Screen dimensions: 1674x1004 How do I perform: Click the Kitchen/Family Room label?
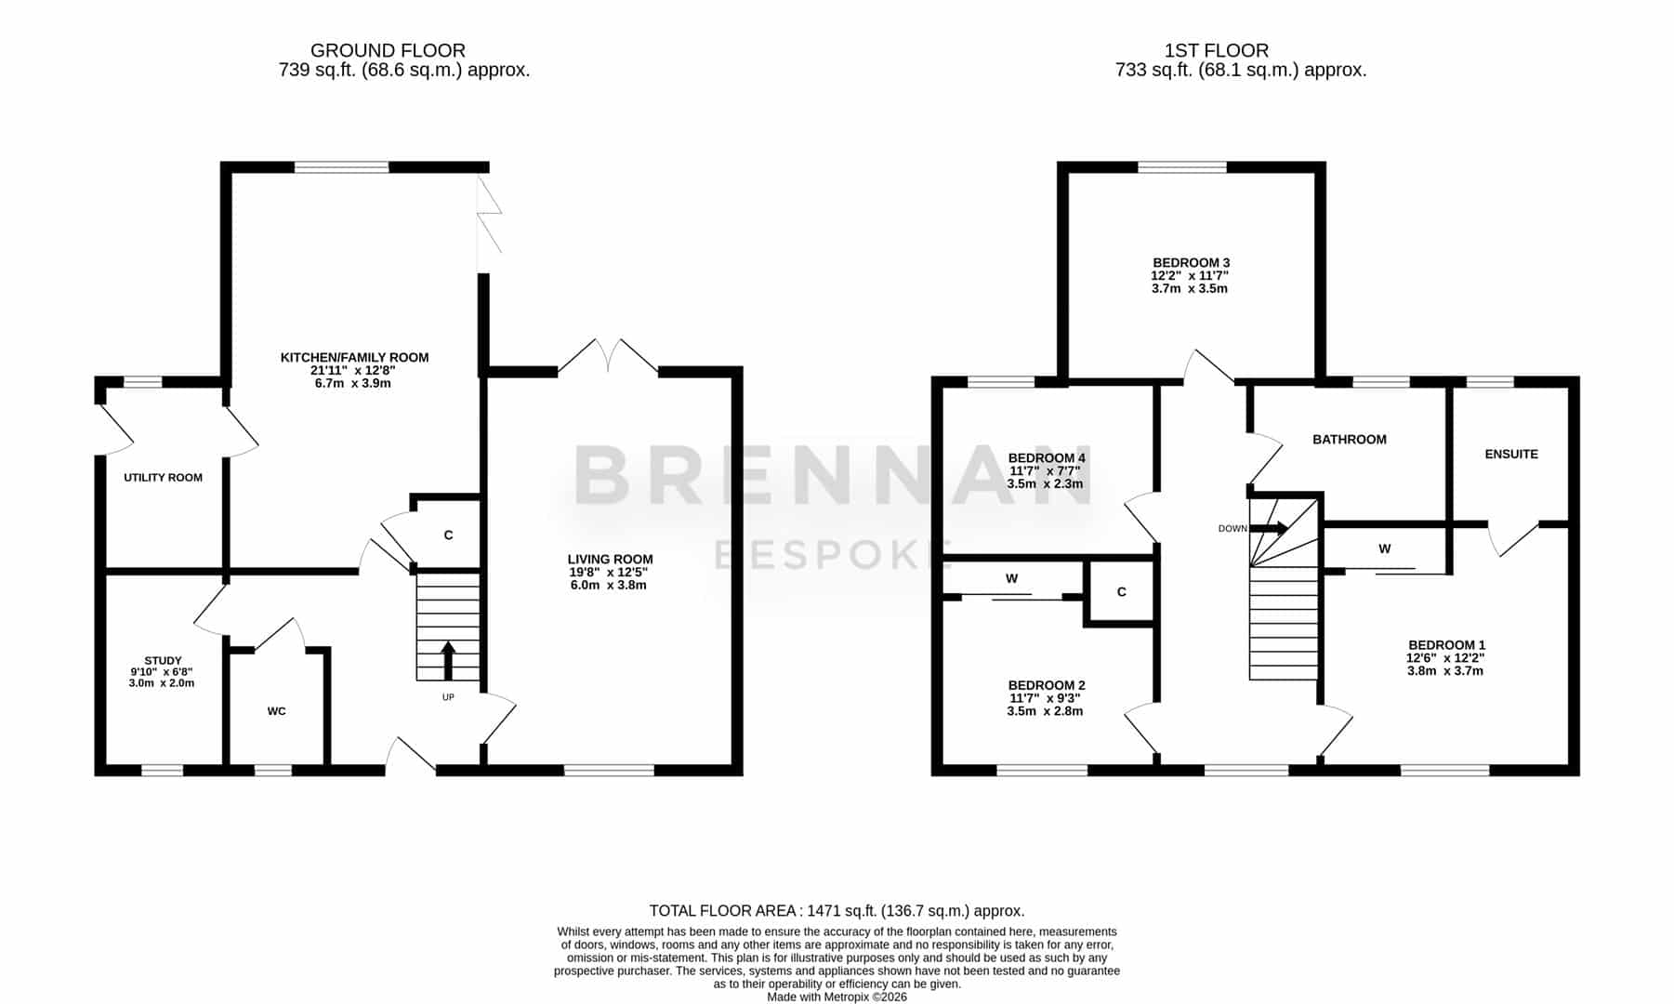354,358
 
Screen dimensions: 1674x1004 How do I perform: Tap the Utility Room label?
163,478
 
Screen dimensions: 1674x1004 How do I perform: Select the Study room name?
163,661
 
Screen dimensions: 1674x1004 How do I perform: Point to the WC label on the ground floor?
276,711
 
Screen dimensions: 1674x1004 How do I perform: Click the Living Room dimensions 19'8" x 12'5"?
610,573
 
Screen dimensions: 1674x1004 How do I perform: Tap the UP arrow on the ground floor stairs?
448,661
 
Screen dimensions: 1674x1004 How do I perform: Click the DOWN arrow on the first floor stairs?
1270,529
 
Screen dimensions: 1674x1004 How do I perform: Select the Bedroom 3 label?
1191,263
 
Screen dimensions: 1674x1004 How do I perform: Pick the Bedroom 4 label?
1047,458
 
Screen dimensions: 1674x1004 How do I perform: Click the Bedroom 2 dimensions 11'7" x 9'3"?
1045,698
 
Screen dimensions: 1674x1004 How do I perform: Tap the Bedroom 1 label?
1446,645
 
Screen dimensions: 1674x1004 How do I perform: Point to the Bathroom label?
1349,440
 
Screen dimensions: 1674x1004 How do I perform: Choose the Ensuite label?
1511,455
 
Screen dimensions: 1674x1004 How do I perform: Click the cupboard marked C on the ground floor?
448,535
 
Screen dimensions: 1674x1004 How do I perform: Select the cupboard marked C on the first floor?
1121,592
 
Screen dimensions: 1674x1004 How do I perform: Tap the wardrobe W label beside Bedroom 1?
1384,549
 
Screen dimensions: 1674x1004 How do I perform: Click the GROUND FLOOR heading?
388,51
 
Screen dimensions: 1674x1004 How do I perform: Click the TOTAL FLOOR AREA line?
837,911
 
